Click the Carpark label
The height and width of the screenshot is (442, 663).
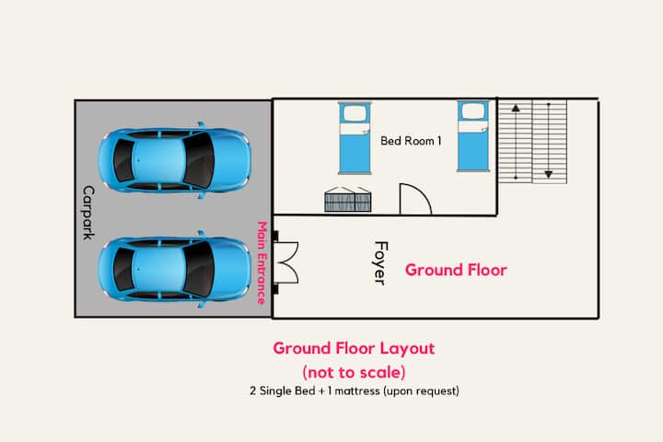pos(88,213)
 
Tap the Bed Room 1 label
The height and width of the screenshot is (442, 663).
pos(411,141)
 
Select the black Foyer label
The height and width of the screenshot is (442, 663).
pos(380,263)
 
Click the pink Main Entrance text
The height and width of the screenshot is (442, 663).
pos(262,262)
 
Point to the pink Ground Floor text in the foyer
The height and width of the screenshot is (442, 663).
pos(456,270)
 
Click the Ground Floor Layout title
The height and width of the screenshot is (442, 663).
pos(354,348)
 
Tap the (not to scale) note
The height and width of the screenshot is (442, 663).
pos(354,372)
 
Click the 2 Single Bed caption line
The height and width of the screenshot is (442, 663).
pos(355,390)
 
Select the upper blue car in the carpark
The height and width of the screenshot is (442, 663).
pos(175,160)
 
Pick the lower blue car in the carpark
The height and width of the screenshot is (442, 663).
pos(175,269)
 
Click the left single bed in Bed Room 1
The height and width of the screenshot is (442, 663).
pos(355,138)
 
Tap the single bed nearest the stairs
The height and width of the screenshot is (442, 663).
pos(473,136)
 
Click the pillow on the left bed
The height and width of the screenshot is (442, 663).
pos(355,113)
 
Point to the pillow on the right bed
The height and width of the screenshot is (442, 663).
pos(473,111)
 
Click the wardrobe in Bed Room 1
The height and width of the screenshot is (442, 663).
pos(348,200)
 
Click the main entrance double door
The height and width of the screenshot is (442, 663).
pos(286,262)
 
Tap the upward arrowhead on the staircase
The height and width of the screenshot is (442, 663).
pos(516,109)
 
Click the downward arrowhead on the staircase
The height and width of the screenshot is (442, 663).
pos(549,174)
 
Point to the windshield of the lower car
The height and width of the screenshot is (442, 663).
pos(198,270)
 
